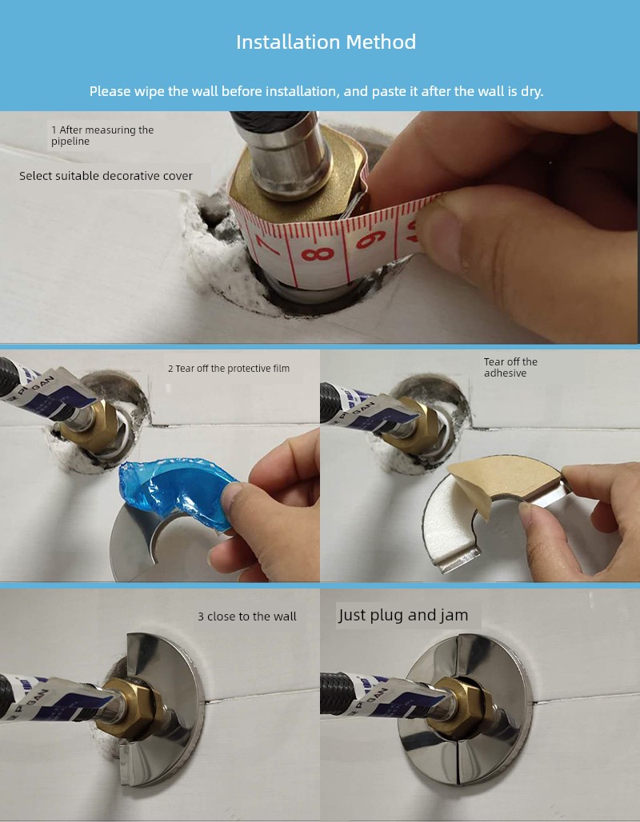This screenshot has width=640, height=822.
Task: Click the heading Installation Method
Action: pyautogui.click(x=326, y=42)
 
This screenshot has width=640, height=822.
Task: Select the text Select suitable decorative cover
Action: pyautogui.click(x=106, y=176)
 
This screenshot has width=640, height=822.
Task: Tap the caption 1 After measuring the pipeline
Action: pyautogui.click(x=102, y=135)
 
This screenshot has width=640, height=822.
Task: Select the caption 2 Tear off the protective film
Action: pyautogui.click(x=229, y=369)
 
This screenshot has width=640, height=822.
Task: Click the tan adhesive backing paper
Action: pyautogui.click(x=506, y=480)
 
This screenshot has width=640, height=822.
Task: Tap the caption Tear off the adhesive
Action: pyautogui.click(x=510, y=367)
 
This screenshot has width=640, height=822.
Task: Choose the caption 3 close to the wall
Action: pyautogui.click(x=247, y=616)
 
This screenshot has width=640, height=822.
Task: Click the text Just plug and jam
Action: pyautogui.click(x=403, y=615)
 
